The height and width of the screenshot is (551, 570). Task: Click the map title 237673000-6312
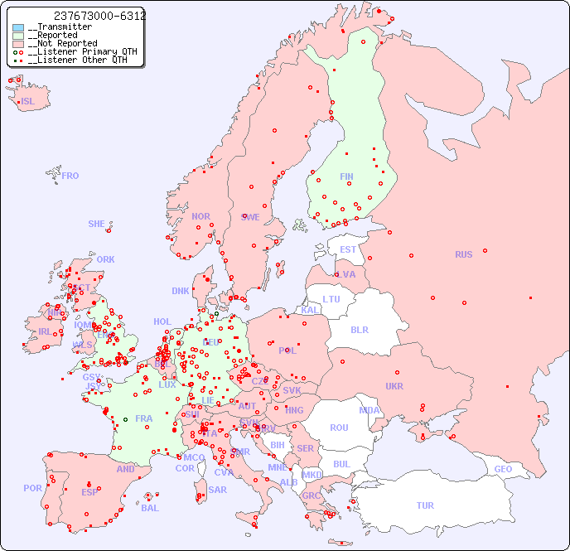tap(99, 16)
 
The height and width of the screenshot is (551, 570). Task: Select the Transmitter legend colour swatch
tap(18, 27)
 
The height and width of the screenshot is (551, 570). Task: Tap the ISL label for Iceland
tap(28, 102)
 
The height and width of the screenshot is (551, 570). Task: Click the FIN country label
tap(346, 176)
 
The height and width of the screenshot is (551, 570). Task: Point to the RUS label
tap(463, 254)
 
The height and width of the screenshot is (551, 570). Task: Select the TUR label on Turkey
tap(425, 505)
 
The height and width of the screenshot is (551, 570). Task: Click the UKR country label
tap(394, 386)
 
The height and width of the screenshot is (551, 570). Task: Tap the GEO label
tap(503, 469)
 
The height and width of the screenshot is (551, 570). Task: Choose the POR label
tap(32, 488)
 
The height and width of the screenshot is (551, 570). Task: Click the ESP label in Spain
tap(89, 491)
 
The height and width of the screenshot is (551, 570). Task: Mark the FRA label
tap(144, 418)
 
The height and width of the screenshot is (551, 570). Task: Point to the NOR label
tap(200, 216)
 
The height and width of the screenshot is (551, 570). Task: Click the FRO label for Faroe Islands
tap(70, 176)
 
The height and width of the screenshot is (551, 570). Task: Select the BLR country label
tap(360, 329)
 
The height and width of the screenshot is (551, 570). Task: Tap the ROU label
tap(339, 428)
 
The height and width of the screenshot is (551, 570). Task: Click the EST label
tap(348, 249)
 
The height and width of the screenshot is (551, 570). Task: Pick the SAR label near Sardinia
tap(218, 490)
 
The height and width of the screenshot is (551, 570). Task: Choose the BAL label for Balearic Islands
tap(150, 508)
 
